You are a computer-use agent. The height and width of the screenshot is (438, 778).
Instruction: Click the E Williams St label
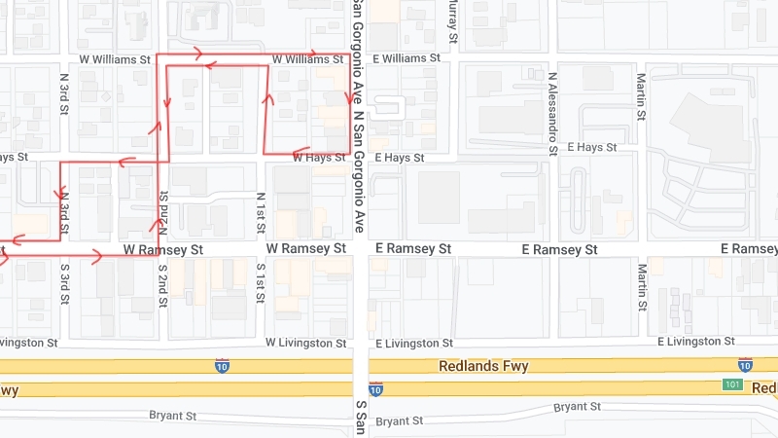coord(399,59)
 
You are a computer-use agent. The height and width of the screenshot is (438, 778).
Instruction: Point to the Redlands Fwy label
coord(483,366)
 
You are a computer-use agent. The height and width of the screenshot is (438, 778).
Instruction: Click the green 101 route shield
coord(732,384)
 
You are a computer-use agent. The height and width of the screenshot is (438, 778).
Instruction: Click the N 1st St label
coord(261,213)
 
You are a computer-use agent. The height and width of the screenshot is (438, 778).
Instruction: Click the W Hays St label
coord(318,158)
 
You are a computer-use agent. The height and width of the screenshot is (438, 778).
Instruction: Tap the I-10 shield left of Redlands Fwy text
coord(223,366)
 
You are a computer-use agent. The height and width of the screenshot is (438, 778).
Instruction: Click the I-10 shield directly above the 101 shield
coord(745,366)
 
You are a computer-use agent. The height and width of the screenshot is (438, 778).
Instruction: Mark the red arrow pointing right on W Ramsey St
coord(95,256)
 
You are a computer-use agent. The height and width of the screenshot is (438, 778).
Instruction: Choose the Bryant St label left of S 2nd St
coord(173,416)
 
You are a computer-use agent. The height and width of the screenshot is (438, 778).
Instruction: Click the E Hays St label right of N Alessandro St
coord(592,147)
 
